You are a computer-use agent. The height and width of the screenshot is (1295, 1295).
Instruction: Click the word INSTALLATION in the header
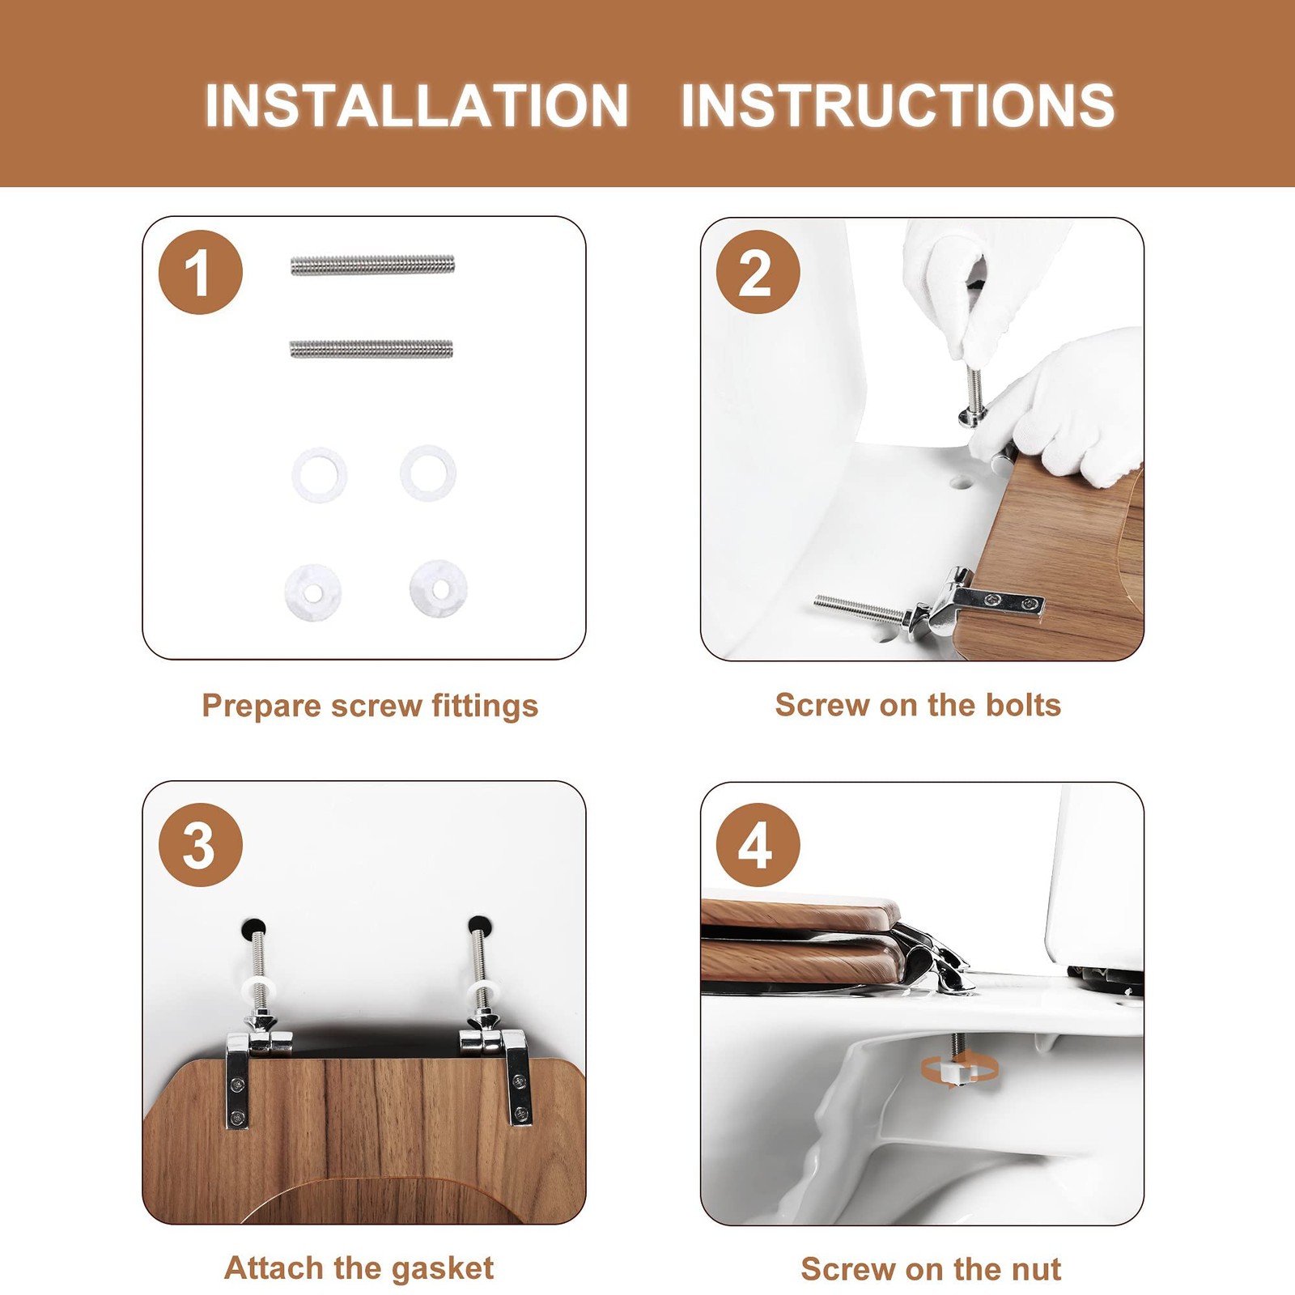tap(417, 105)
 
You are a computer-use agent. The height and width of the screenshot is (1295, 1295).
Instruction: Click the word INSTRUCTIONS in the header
tap(898, 105)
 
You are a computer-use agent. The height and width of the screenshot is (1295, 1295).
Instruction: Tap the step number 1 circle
tap(201, 272)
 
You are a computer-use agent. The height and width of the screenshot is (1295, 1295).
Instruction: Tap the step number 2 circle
tap(758, 272)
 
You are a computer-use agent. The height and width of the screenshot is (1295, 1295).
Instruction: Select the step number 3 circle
tap(201, 845)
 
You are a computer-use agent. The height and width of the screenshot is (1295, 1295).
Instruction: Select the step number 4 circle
tap(758, 845)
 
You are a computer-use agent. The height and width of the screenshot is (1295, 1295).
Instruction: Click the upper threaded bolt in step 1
tap(372, 265)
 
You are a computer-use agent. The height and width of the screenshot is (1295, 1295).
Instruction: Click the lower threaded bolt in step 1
tap(372, 349)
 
